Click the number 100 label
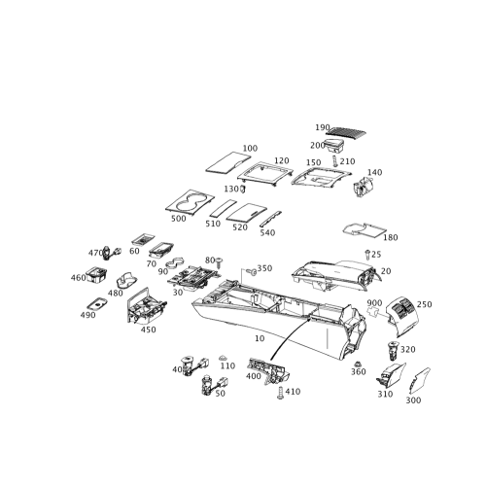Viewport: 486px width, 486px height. coord(250,147)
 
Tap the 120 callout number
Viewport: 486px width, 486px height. coord(282,159)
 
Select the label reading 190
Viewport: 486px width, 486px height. coord(324,126)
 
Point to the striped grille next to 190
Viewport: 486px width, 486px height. coord(339,126)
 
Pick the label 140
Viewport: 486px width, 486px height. coord(378,171)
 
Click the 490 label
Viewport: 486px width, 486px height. coord(90,313)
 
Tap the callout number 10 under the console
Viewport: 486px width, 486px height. coord(260,339)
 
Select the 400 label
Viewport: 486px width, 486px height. coord(178,369)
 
